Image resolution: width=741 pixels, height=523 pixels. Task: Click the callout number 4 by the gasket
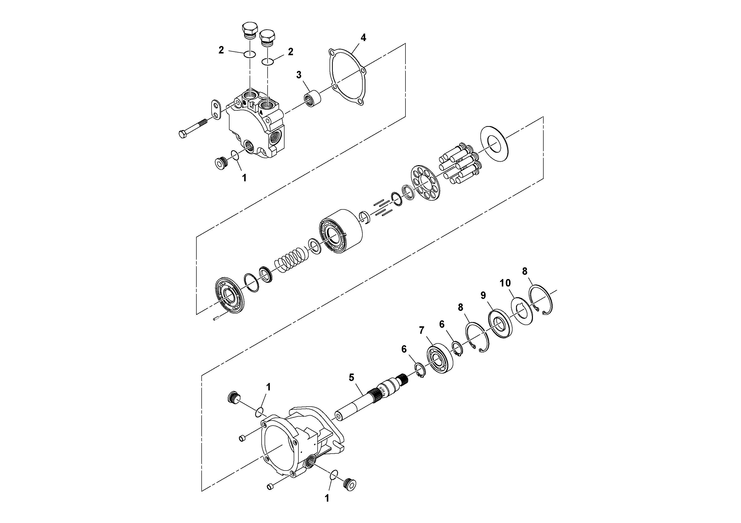(x=363, y=38)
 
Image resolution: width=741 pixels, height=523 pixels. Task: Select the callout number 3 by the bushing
(x=299, y=75)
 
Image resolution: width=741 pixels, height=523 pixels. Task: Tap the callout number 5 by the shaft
(x=351, y=377)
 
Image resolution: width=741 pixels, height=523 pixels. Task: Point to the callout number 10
(x=505, y=283)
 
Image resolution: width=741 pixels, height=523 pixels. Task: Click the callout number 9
(x=483, y=295)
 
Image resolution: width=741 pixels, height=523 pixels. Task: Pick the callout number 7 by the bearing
(x=421, y=330)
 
